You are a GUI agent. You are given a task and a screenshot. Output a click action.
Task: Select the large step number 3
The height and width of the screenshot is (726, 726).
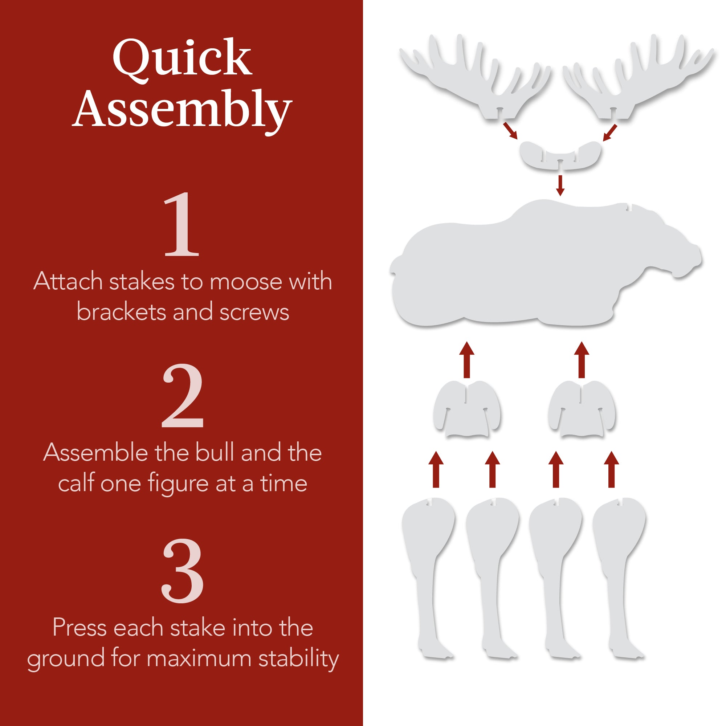pyautogui.click(x=183, y=571)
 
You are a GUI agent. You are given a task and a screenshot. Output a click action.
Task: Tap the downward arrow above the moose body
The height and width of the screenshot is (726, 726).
pyautogui.click(x=560, y=185)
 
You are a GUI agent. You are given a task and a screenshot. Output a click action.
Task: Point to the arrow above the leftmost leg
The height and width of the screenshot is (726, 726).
pyautogui.click(x=436, y=470)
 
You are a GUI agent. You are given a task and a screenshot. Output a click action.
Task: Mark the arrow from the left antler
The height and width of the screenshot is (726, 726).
pyautogui.click(x=510, y=130)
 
